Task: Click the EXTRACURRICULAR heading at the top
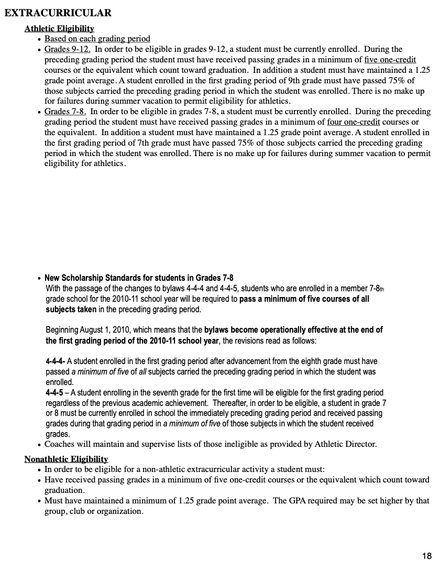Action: pyautogui.click(x=58, y=13)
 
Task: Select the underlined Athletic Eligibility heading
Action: pyautogui.click(x=59, y=28)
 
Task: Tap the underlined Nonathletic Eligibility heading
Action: pyautogui.click(x=66, y=459)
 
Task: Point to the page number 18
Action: pyautogui.click(x=426, y=556)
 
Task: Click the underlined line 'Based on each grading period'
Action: pyautogui.click(x=97, y=39)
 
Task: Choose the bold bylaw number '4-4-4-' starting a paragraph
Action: pyautogui.click(x=56, y=361)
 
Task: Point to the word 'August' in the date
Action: pyautogui.click(x=92, y=330)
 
